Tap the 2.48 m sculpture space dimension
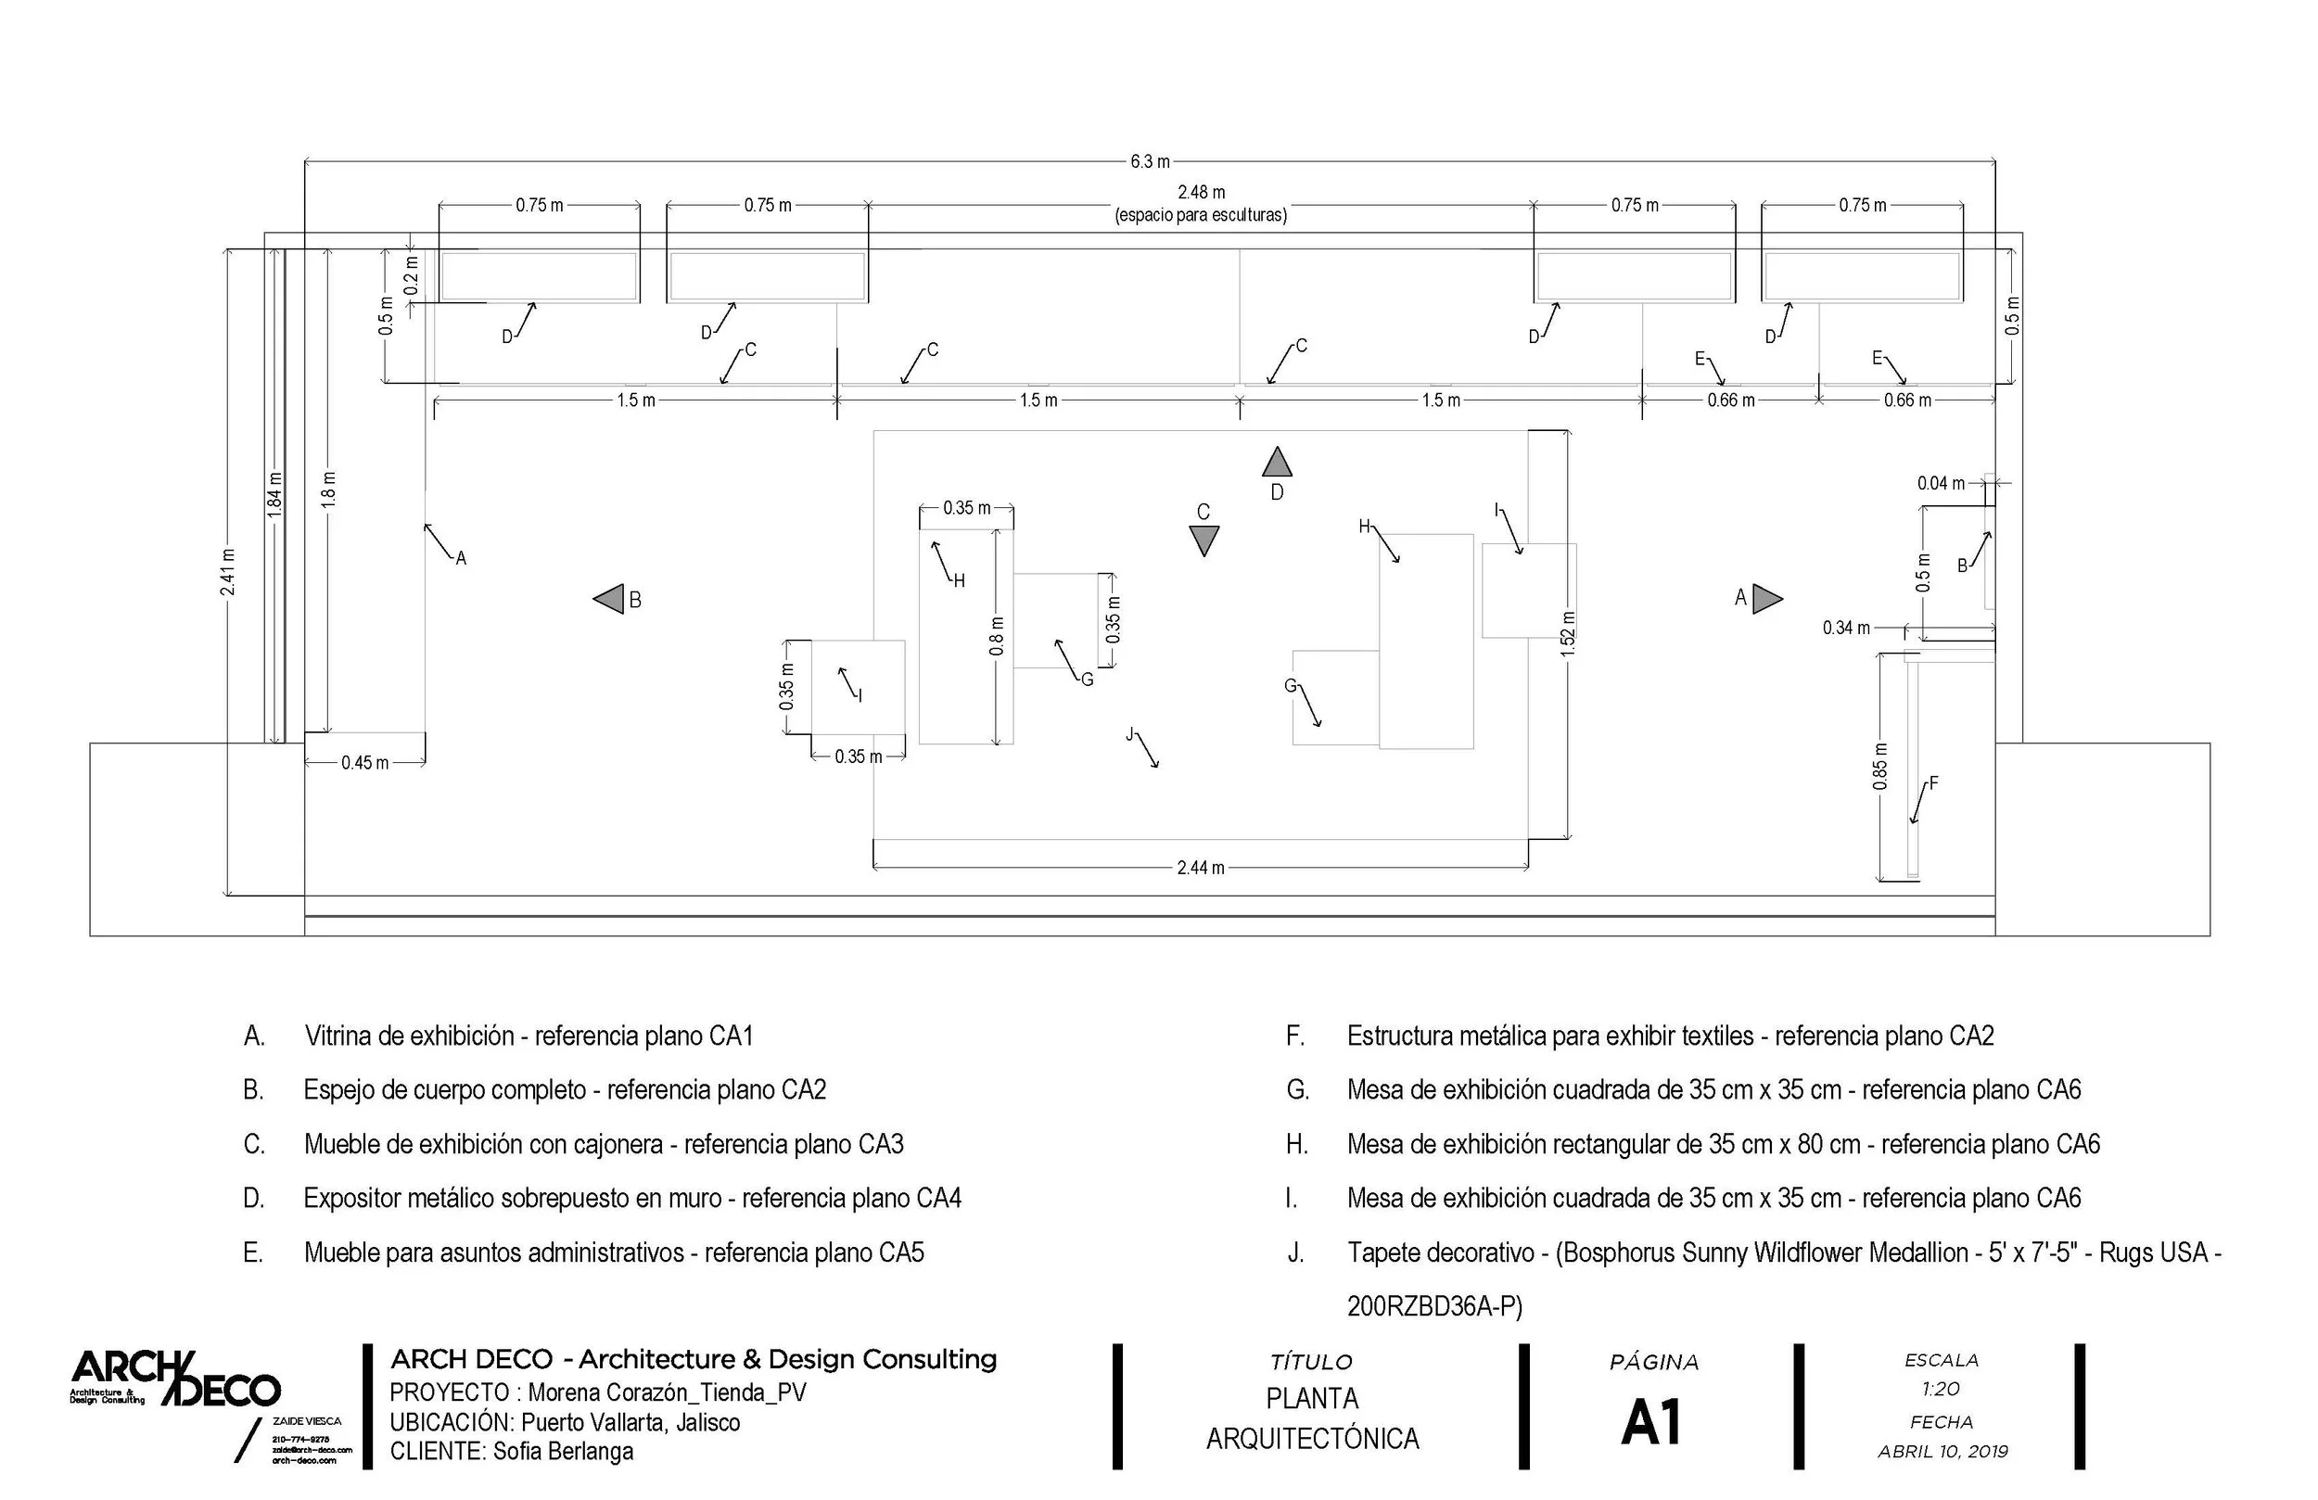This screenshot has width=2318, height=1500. point(1201,193)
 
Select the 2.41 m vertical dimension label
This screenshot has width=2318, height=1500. point(227,572)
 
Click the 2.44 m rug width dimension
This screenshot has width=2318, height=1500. point(1201,867)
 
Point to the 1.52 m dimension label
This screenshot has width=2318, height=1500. point(1567,634)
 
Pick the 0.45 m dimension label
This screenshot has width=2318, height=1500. point(365,763)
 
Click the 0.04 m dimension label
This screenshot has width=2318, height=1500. point(1940,483)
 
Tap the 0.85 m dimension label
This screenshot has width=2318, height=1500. point(1880,768)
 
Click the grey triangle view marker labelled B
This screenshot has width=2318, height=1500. point(610,599)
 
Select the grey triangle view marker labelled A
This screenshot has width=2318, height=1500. point(1765,599)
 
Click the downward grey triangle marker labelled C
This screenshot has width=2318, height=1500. point(1204,540)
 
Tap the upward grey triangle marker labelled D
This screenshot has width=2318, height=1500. point(1277,463)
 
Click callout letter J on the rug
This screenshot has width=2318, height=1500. point(1129,734)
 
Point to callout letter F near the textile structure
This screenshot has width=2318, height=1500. point(1933,782)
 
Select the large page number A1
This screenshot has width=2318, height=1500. point(1653,1423)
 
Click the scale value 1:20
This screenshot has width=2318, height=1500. point(1941,1389)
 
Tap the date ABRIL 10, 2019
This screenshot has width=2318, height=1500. point(1943,1451)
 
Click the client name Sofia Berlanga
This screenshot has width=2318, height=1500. point(563,1451)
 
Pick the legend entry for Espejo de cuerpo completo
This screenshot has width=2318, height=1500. point(565,1090)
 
